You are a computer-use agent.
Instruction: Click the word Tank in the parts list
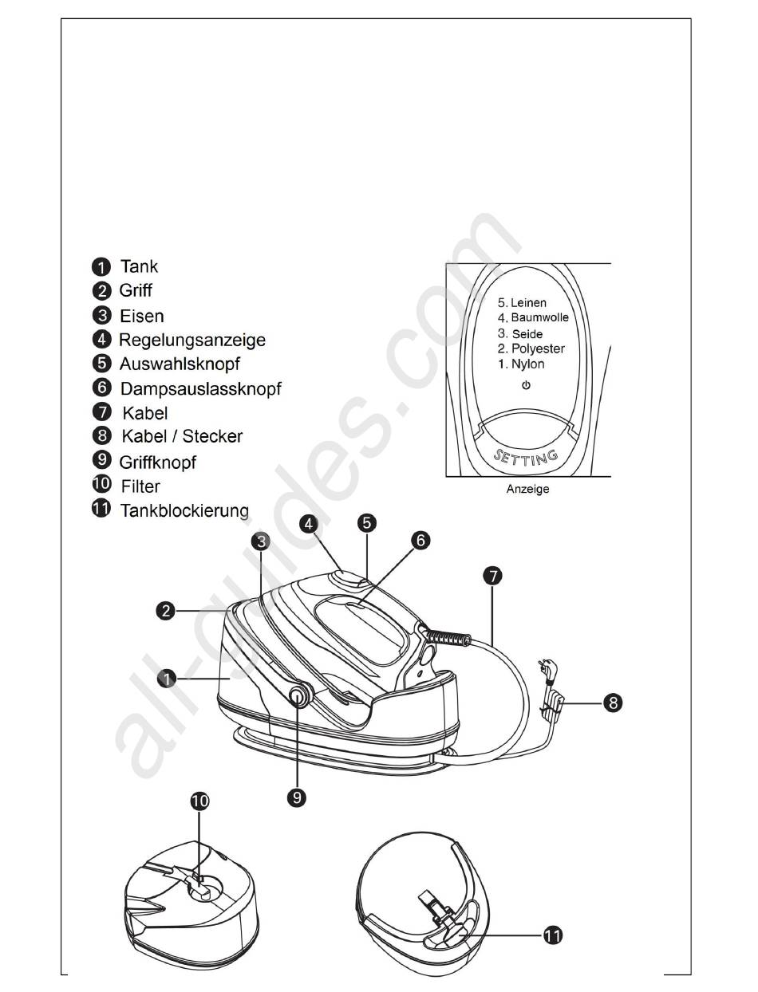(x=139, y=266)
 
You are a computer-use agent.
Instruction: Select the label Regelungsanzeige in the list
(x=192, y=340)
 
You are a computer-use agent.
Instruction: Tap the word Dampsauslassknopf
(x=201, y=389)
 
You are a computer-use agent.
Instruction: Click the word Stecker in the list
(x=212, y=436)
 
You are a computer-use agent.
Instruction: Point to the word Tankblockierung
(x=184, y=510)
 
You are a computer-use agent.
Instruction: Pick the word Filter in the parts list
(x=140, y=486)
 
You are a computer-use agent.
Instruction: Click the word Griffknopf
(x=157, y=463)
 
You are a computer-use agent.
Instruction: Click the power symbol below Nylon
(x=526, y=385)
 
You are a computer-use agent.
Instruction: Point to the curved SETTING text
(x=526, y=458)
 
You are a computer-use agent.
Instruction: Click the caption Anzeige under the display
(x=527, y=489)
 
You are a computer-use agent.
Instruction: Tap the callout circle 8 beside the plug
(x=613, y=703)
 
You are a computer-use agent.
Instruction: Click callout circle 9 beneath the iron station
(x=297, y=797)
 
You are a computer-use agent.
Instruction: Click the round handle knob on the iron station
(x=298, y=695)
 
